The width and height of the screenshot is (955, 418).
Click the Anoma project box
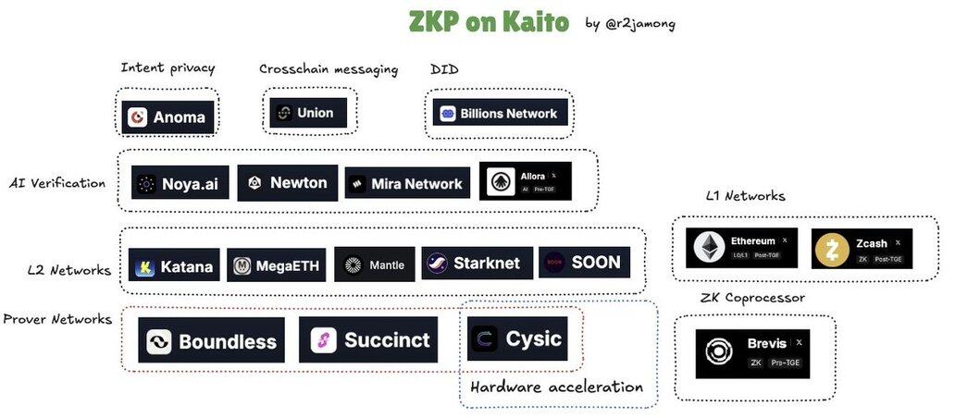coord(168,117)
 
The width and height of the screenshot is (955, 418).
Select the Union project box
coord(308,113)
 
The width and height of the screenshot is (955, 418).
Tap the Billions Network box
coord(500,113)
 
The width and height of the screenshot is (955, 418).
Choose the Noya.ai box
coord(180,183)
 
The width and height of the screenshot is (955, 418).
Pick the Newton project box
coord(287,182)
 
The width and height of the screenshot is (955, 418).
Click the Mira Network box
coord(407,183)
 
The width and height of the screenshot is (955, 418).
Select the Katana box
coord(174,266)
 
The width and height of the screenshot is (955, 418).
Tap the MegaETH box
coord(277,266)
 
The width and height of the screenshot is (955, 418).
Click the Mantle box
coord(374,264)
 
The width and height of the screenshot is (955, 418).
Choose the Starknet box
coord(477,264)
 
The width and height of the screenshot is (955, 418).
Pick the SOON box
coord(584,263)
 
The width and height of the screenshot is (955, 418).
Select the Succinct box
coord(368,339)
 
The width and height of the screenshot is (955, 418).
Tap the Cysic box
coord(516,338)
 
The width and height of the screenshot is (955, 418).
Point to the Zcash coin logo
coord(831,250)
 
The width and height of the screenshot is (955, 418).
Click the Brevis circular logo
coord(718,352)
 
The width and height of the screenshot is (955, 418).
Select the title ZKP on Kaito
coord(489,21)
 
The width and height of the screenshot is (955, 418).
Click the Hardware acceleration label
coord(556,387)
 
